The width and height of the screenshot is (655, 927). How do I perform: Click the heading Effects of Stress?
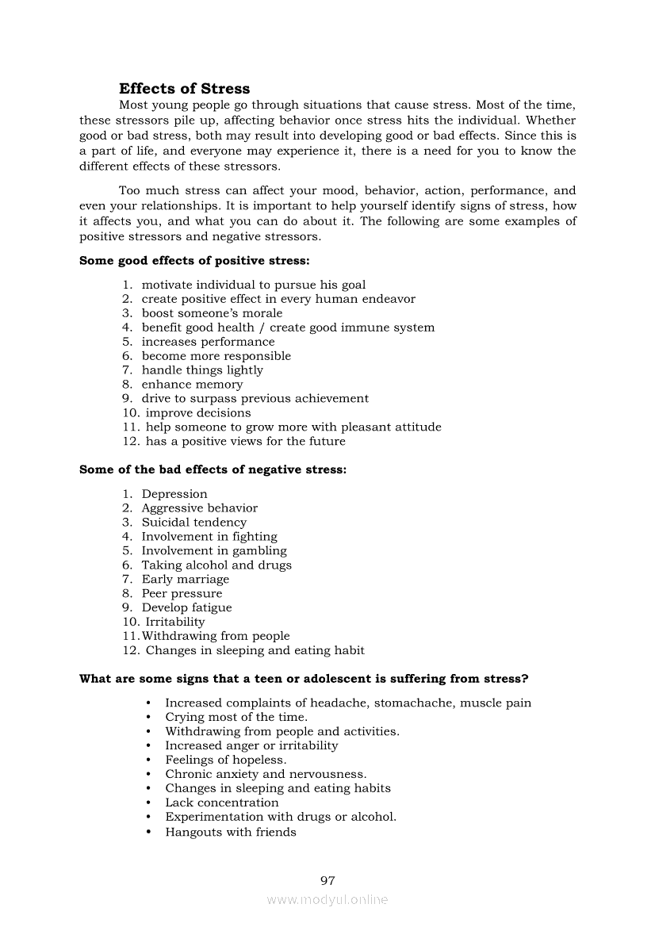click(x=184, y=89)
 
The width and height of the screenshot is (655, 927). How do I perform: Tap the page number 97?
click(x=327, y=881)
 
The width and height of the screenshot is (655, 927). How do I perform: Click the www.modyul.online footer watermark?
click(x=327, y=900)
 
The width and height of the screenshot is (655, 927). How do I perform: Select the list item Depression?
click(x=174, y=494)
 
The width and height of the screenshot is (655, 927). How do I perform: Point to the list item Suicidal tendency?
click(x=194, y=523)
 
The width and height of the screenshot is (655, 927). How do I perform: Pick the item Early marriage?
click(x=186, y=580)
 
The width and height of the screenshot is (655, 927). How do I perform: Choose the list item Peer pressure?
click(x=182, y=594)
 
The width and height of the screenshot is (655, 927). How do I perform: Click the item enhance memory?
click(x=193, y=385)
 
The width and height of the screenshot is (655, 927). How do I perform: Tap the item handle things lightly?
click(x=202, y=370)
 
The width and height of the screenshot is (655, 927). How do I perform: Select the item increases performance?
click(x=209, y=342)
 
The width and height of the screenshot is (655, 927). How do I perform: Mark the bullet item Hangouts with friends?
click(x=231, y=832)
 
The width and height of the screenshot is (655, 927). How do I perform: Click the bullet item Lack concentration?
click(x=222, y=803)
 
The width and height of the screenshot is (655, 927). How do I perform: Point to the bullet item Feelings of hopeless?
click(x=226, y=760)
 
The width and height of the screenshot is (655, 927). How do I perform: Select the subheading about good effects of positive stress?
click(x=194, y=260)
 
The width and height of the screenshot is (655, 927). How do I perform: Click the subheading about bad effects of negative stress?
click(x=213, y=469)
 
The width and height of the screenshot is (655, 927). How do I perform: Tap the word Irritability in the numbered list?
click(x=175, y=622)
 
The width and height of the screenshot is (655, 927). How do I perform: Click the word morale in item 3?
click(x=262, y=313)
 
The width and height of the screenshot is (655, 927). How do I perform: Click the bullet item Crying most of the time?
click(x=236, y=717)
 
